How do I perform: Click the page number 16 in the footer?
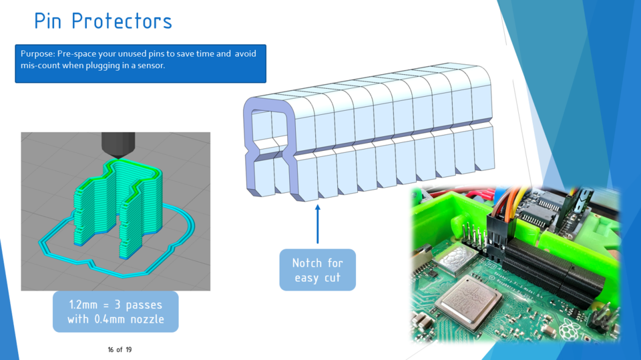point(111,349)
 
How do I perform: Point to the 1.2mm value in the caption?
point(85,305)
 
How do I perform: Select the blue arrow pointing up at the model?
point(317,224)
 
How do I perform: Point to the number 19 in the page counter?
point(128,349)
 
